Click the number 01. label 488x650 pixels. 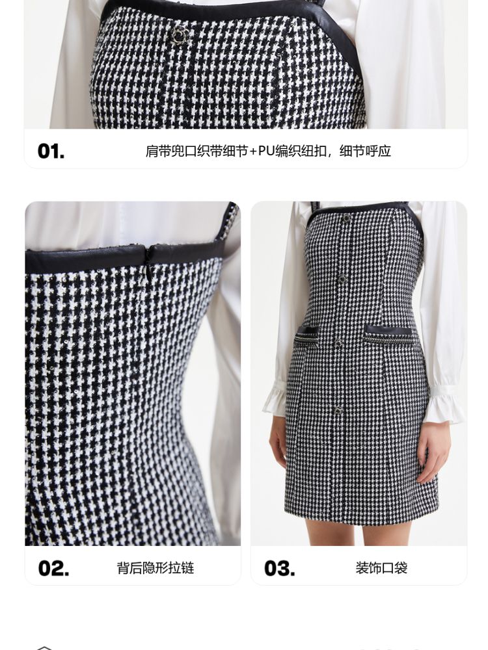[x=51, y=151]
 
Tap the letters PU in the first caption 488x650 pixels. [x=266, y=151]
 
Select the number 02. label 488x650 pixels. [x=53, y=568]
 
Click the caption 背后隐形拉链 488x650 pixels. [x=156, y=568]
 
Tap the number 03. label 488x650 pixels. [x=280, y=568]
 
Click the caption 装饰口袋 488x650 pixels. [x=381, y=568]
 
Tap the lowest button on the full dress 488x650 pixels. [x=339, y=410]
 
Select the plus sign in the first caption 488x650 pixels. [x=253, y=151]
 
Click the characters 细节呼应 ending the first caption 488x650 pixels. [x=365, y=151]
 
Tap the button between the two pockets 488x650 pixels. [x=340, y=343]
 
